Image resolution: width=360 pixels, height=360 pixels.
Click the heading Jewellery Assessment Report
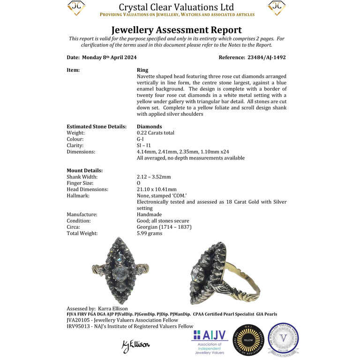176,30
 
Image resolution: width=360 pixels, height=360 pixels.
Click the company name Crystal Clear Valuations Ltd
176,7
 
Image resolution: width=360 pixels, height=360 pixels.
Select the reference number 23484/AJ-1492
266,57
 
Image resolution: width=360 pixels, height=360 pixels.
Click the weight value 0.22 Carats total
156,133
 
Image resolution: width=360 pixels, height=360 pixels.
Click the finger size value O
139,183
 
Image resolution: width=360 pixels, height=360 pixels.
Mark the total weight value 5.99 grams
150,233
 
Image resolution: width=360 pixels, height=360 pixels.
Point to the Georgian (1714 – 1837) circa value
164,227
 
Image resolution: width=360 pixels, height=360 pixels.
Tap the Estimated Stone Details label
97,127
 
